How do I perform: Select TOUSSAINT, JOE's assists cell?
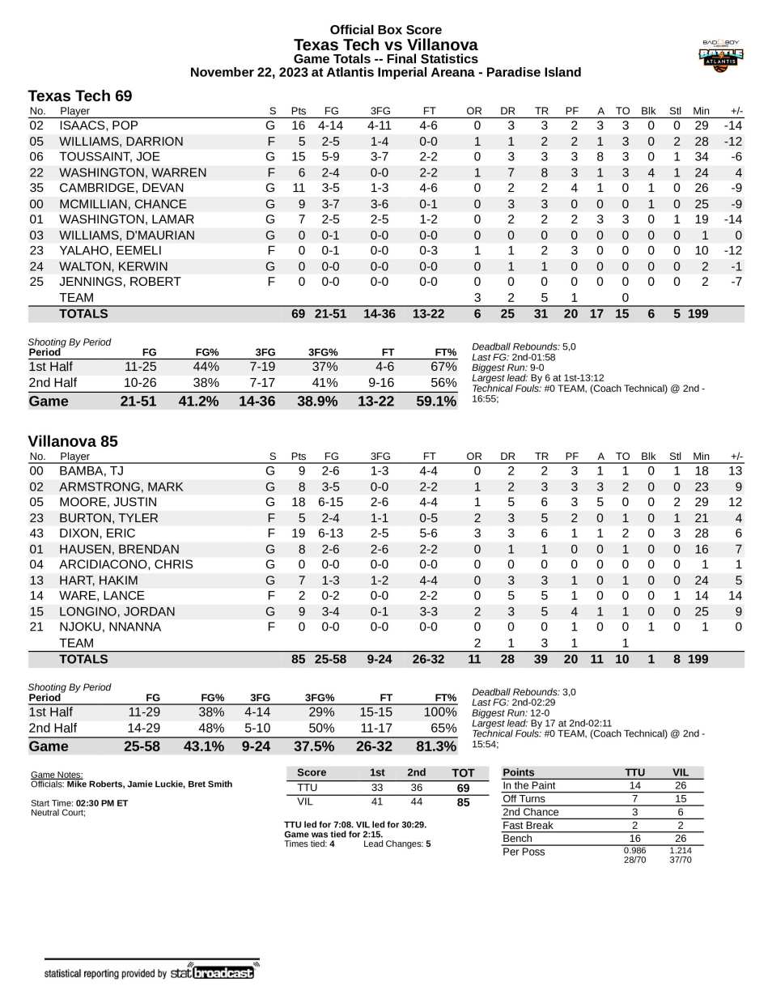(x=600, y=157)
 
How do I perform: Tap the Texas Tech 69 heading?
(x=79, y=96)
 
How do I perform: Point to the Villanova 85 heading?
(x=73, y=441)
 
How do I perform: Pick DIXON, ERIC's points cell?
(x=298, y=534)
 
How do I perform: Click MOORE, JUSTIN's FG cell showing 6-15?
(x=330, y=502)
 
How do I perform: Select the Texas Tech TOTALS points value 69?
(x=298, y=314)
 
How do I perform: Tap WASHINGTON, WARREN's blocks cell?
(x=650, y=172)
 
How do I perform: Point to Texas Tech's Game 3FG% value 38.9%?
(x=316, y=401)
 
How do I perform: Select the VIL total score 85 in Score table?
(x=463, y=802)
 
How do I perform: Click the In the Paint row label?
(x=528, y=785)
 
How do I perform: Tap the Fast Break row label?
(x=528, y=825)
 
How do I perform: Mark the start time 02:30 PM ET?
(x=102, y=803)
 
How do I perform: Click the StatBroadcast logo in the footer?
(x=213, y=972)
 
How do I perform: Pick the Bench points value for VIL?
(x=680, y=838)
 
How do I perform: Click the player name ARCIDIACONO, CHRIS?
(x=125, y=564)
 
